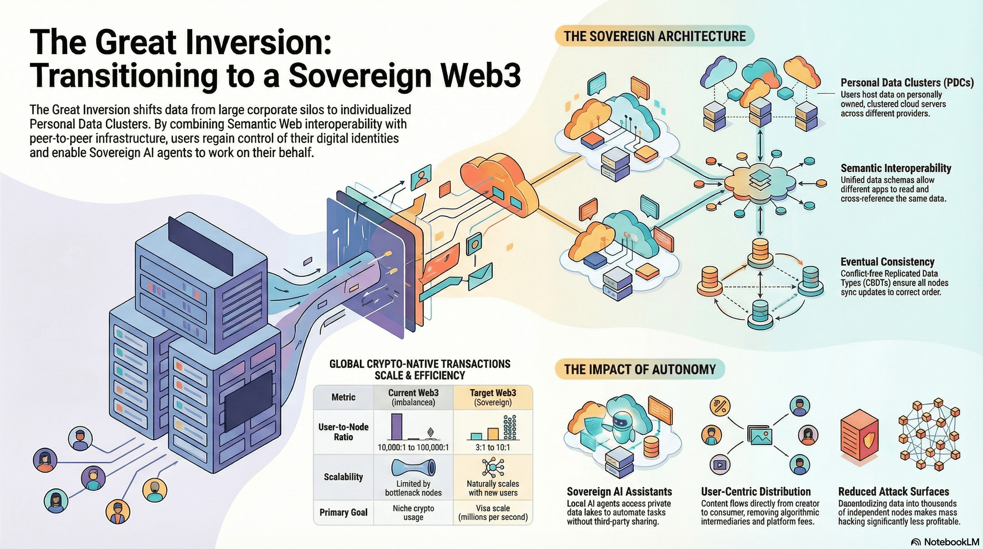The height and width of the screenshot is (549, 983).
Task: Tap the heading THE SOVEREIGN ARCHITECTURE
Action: [654, 36]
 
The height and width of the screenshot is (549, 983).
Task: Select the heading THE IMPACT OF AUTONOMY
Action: [640, 369]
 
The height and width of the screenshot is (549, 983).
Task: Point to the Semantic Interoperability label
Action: [895, 168]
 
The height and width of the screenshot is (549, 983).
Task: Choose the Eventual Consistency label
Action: [887, 262]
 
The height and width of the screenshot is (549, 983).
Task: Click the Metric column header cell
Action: [343, 397]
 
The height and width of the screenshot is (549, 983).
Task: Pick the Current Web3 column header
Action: [413, 397]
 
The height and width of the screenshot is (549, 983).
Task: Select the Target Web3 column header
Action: [493, 397]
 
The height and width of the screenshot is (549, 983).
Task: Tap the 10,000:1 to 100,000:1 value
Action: [413, 447]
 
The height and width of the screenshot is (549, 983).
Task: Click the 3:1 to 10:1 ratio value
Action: [493, 447]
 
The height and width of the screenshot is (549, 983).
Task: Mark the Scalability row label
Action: [343, 477]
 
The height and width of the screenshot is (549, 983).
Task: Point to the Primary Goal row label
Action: [343, 512]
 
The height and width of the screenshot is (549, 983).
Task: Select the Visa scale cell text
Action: [493, 512]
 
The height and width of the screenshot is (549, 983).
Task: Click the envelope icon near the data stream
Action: [480, 276]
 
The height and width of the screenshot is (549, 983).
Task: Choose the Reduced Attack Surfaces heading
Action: [893, 491]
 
